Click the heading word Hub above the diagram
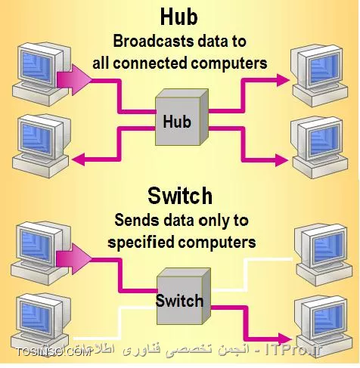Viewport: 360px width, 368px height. click(x=179, y=16)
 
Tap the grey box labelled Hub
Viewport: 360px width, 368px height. click(x=178, y=119)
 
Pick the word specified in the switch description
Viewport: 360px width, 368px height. click(x=139, y=243)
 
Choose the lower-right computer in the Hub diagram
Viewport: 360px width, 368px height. click(x=318, y=141)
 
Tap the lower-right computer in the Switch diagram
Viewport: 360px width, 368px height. click(x=321, y=321)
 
